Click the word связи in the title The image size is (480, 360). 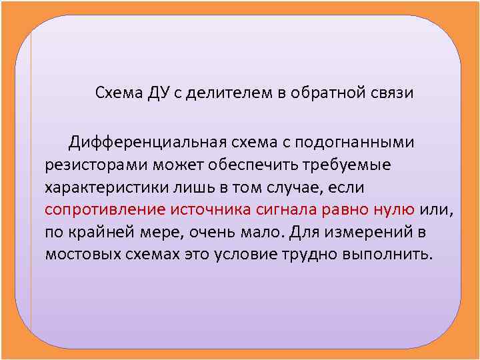click(393, 93)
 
